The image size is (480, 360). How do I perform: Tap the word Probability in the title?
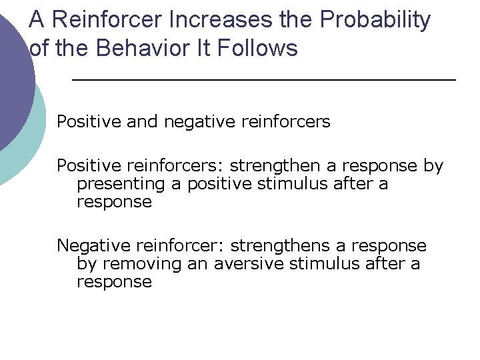375,21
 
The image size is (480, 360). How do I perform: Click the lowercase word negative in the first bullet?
198,122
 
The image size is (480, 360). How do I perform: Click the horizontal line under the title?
263,79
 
